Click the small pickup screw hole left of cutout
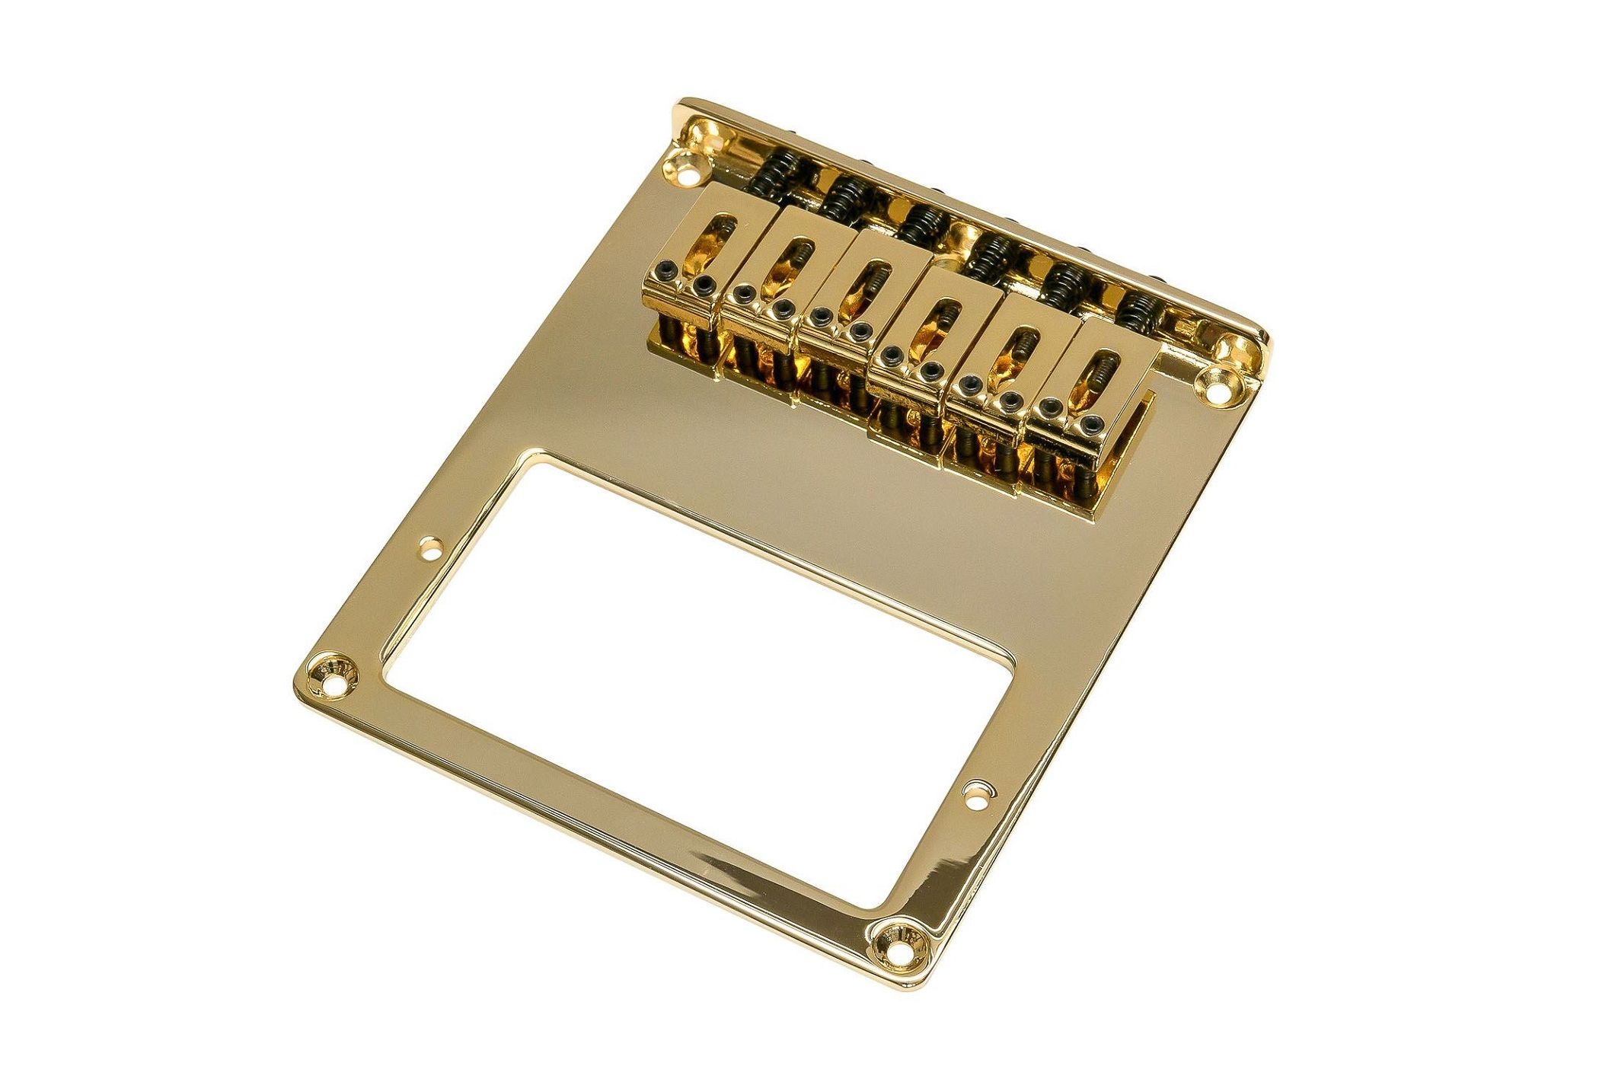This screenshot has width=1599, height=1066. click(x=431, y=546)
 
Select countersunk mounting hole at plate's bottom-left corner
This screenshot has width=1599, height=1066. click(x=333, y=673)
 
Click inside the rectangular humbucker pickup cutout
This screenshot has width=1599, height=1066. click(x=685, y=685)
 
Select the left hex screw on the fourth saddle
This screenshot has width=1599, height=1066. click(x=892, y=355)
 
